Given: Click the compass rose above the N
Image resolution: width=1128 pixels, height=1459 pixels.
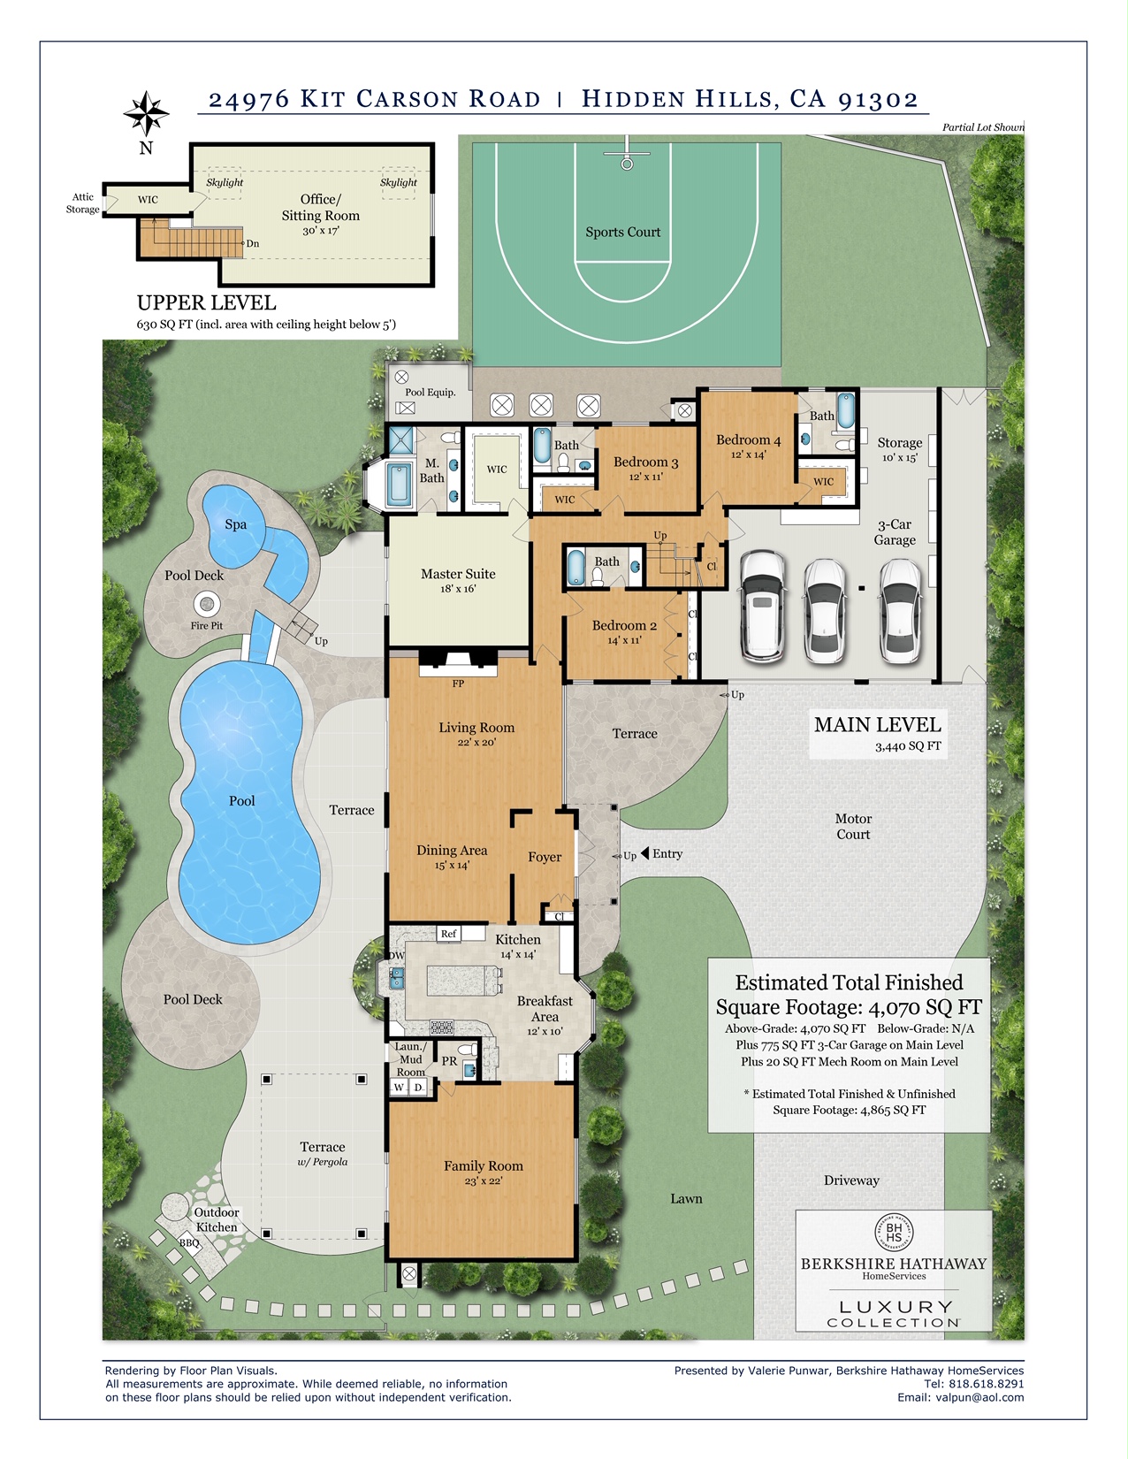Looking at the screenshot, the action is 146,113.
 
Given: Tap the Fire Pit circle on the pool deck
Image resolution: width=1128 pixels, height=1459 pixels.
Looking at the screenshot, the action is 207,604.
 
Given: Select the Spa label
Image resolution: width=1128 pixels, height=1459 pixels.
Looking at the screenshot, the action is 235,524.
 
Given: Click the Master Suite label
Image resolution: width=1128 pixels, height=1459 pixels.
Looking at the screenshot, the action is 458,574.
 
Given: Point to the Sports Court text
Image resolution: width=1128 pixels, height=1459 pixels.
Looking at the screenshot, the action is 622,233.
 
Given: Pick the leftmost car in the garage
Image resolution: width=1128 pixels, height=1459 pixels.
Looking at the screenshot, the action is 762,606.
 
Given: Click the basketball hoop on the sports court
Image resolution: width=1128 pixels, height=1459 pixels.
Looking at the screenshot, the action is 627,161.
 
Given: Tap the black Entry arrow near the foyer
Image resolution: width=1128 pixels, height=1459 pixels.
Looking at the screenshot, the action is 644,853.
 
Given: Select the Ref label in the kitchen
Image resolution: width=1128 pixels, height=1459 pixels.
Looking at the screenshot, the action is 448,934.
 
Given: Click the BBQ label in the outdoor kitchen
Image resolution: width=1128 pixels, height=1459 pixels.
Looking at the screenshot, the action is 189,1242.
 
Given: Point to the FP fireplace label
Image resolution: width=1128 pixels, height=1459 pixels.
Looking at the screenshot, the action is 458,684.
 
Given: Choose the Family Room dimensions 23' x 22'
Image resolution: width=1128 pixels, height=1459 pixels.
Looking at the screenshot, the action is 484,1181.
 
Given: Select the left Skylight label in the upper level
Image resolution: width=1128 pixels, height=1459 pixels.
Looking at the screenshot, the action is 225,183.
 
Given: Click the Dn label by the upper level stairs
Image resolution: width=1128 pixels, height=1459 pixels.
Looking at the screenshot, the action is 252,244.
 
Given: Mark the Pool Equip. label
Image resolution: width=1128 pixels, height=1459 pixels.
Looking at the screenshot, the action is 431,392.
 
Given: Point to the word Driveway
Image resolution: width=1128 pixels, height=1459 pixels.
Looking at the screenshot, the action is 851,1180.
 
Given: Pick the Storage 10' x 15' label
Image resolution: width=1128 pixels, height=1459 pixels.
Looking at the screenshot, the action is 899,449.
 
